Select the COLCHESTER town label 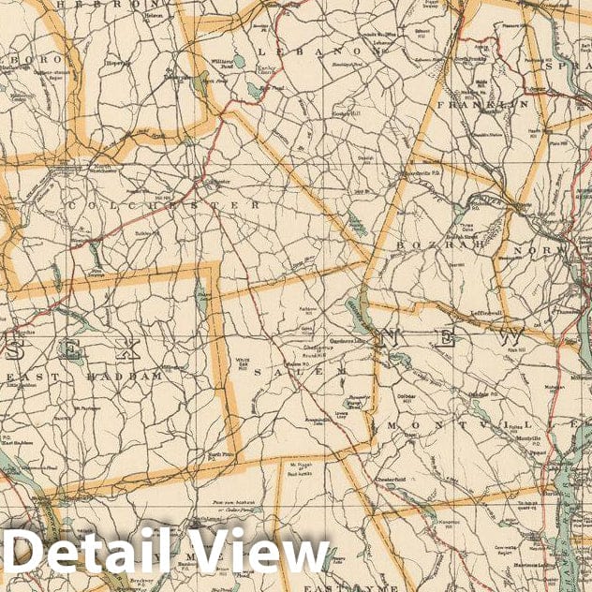point(163,203)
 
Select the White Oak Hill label point(243,363)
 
